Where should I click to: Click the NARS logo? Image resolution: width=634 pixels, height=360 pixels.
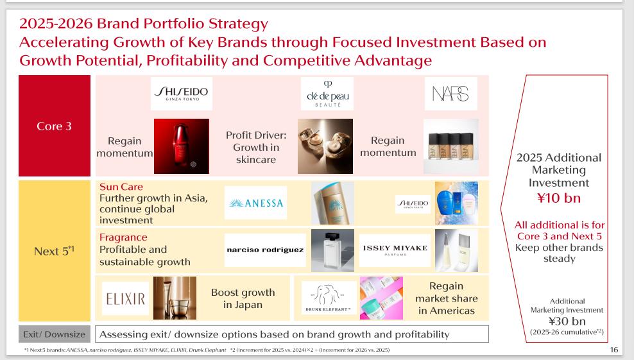click(x=451, y=94)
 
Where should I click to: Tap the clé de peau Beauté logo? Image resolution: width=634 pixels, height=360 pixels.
click(x=327, y=94)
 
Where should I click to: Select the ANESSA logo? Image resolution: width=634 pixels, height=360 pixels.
click(x=255, y=203)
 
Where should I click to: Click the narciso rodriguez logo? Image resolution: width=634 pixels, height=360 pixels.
click(x=265, y=250)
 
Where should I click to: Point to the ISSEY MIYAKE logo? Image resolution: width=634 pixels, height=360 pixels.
click(x=395, y=250)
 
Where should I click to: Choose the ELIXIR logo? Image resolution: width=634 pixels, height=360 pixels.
click(x=125, y=298)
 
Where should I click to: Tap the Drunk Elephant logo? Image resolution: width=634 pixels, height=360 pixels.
click(x=329, y=298)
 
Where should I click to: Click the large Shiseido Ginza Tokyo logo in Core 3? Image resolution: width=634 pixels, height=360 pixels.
click(x=182, y=94)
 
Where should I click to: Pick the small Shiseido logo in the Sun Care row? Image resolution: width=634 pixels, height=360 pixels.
click(x=413, y=204)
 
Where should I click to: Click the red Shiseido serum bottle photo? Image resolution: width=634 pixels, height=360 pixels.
click(x=182, y=146)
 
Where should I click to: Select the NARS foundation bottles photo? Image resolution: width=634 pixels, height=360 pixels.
click(x=451, y=146)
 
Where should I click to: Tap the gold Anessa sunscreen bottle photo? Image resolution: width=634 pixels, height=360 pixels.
click(x=333, y=203)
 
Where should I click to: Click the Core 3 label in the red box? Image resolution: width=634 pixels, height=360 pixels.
click(x=54, y=126)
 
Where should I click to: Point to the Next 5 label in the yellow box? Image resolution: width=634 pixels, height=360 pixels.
click(x=54, y=251)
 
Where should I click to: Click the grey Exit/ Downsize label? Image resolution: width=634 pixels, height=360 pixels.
click(x=54, y=334)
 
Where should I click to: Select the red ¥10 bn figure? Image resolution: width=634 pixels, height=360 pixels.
click(x=559, y=198)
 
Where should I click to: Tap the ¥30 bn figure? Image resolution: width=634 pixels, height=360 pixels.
click(x=567, y=321)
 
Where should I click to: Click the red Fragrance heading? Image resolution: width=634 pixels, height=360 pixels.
click(x=123, y=237)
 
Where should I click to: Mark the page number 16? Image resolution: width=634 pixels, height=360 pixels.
click(x=613, y=350)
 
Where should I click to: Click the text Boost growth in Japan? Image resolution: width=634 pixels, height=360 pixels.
click(x=243, y=298)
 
